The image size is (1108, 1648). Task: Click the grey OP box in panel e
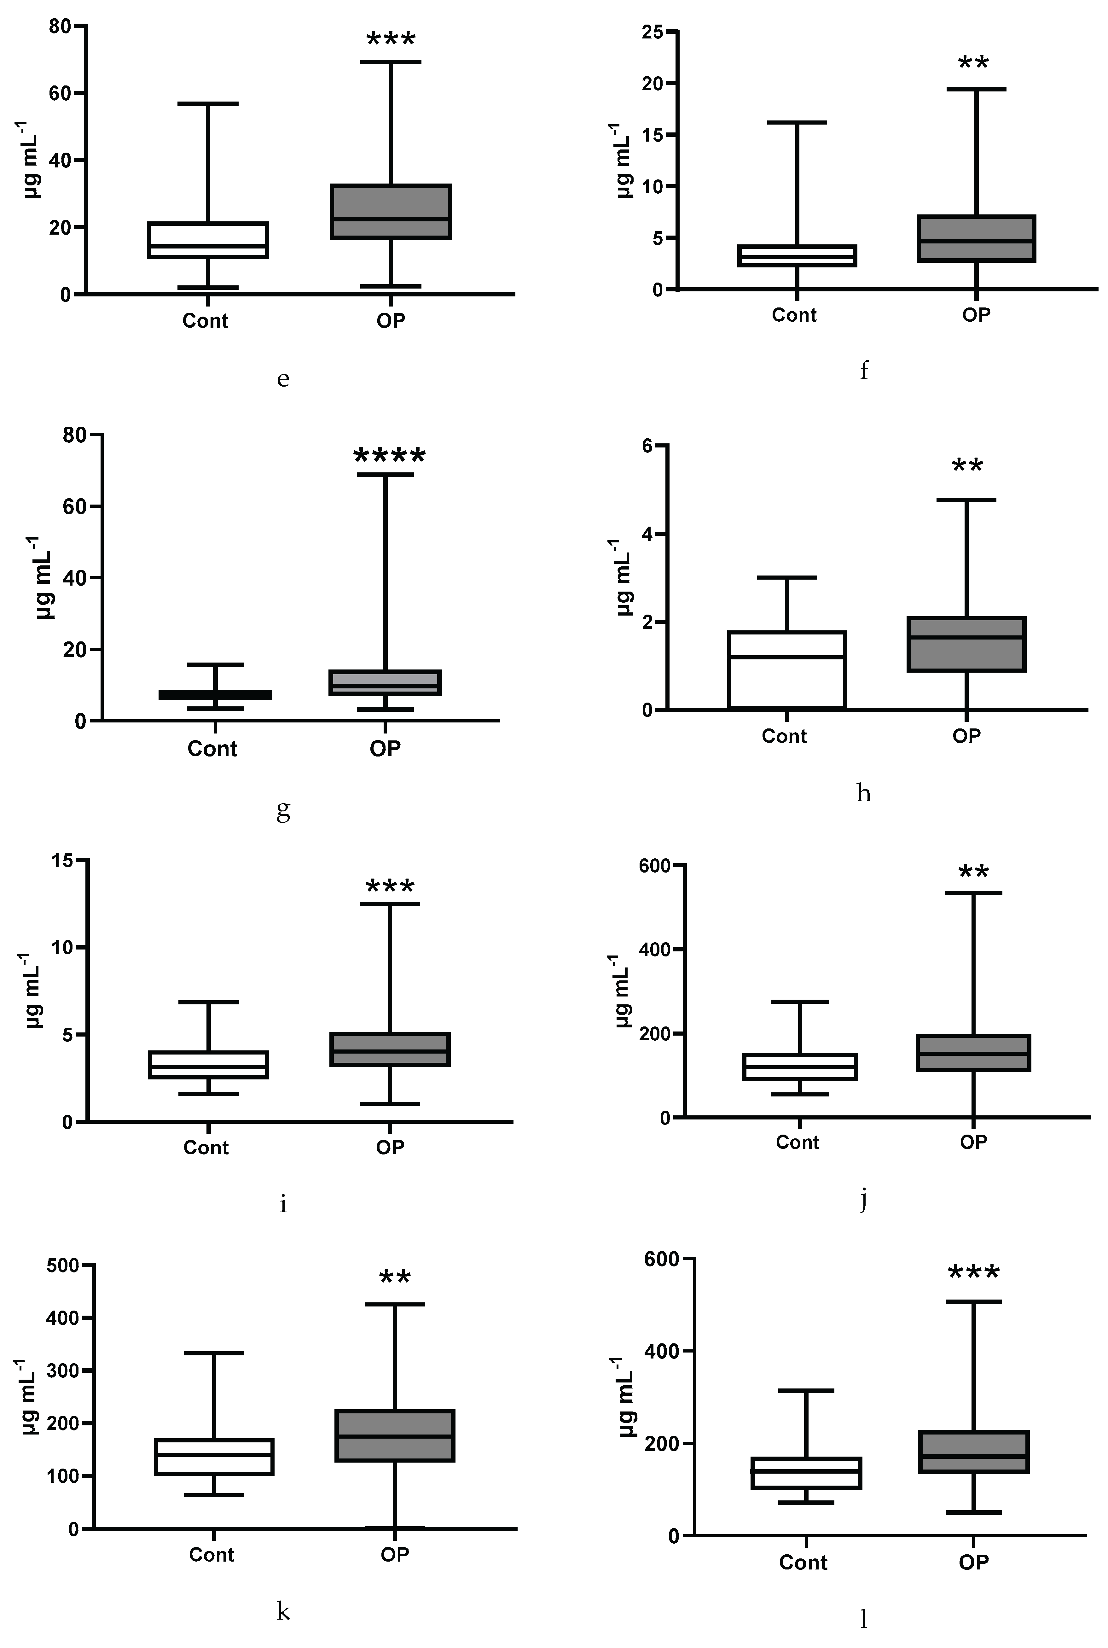391,211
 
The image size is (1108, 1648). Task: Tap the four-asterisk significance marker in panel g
389,456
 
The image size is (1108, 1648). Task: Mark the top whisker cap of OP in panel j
973,892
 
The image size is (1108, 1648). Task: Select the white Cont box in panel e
208,240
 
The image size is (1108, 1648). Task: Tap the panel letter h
863,794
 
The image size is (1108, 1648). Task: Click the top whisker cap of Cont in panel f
797,122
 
